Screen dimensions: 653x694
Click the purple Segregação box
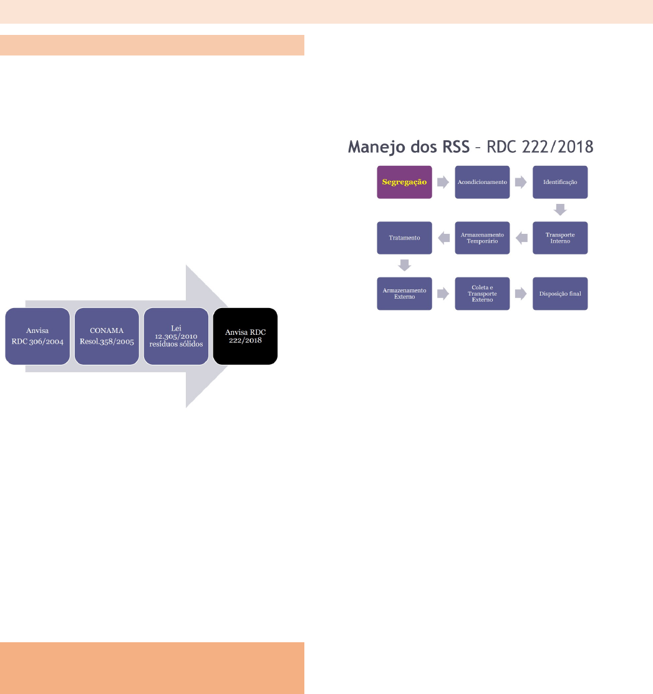pos(404,182)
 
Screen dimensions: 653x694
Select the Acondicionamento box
pos(482,182)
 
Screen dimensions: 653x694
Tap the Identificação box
pos(560,182)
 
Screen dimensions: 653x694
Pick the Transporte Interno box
pos(560,238)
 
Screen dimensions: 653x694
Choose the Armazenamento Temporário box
pos(482,238)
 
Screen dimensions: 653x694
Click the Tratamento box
pos(404,238)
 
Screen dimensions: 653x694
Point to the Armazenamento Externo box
pos(404,294)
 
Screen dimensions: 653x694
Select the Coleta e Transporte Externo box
pos(482,294)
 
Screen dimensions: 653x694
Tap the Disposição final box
pos(560,294)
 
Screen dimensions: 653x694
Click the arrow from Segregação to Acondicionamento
pos(443,182)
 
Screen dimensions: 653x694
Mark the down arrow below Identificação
pos(560,210)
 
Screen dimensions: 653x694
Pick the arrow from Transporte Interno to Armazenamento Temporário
pos(521,238)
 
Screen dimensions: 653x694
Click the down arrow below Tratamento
pos(405,265)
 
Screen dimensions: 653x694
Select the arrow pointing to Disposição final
pos(521,294)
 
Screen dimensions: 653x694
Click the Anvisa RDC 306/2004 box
pos(37,336)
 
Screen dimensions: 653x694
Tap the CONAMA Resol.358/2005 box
pos(107,336)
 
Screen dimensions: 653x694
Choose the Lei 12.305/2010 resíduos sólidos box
pos(177,336)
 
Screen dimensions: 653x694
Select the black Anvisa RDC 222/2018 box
pos(245,336)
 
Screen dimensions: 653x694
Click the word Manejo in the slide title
pos(377,147)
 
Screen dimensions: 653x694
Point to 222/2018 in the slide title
pos(558,147)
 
